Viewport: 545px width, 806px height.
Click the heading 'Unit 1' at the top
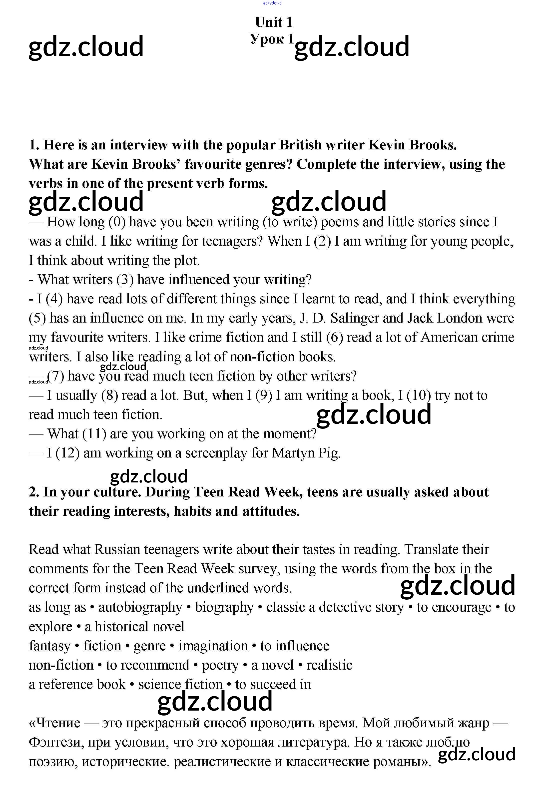click(x=273, y=22)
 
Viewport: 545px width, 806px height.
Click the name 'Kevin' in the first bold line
click(x=387, y=145)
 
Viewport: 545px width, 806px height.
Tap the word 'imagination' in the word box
click(x=213, y=646)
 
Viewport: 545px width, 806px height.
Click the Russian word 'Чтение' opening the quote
click(x=58, y=723)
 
